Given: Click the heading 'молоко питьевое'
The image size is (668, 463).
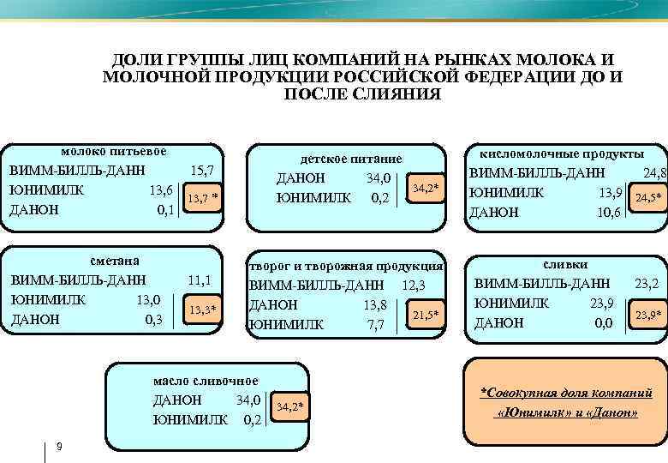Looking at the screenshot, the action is click(113, 152).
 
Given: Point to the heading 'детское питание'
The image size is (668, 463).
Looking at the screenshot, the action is click(350, 159).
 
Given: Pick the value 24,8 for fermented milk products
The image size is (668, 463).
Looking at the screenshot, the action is click(652, 173).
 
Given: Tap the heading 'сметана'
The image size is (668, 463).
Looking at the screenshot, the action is click(115, 261).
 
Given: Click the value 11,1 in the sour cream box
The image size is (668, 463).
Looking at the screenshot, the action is click(200, 280).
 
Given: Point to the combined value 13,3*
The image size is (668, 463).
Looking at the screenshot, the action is click(201, 309).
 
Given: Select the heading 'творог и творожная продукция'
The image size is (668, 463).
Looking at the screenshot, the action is click(346, 266).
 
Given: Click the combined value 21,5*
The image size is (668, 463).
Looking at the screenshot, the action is click(426, 315).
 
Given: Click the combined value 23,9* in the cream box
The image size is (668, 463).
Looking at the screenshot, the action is click(647, 316).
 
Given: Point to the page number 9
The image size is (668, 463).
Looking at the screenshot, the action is click(57, 446).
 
